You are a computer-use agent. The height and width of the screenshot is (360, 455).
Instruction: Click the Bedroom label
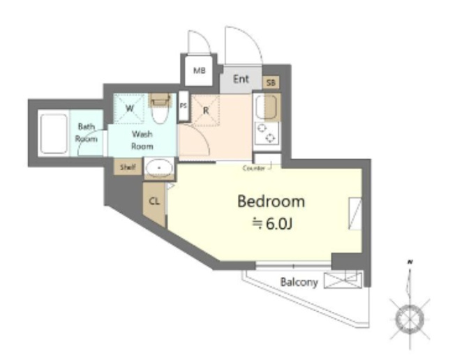271,202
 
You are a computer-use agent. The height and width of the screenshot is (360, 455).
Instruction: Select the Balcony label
299,283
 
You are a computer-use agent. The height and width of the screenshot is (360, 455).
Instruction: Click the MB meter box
199,71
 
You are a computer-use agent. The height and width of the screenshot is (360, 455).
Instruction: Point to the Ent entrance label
241,80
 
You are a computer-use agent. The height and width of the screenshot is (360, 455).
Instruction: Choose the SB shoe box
271,83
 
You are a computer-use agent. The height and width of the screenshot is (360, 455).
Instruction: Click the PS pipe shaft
184,107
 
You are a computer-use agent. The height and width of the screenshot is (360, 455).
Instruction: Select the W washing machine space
130,109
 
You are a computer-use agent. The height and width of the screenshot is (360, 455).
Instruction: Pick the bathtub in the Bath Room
52,133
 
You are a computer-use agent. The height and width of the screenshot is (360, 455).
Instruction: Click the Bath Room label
87,133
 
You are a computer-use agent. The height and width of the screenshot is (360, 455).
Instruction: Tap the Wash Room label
142,140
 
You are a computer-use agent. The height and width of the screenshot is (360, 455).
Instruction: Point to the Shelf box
127,167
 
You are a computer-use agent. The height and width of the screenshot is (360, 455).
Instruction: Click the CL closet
154,202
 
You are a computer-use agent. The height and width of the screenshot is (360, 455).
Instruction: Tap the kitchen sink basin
267,107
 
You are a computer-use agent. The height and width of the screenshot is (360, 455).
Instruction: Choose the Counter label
253,168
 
